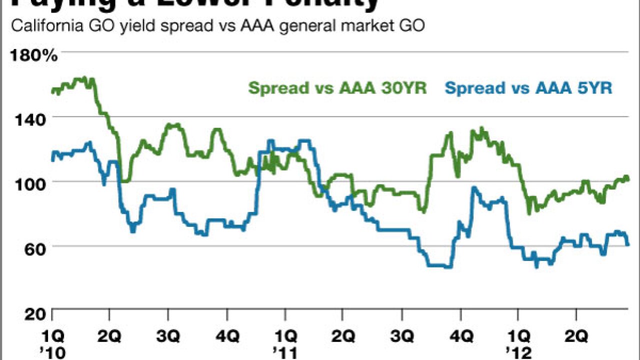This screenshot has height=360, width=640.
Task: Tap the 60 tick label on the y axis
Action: tap(41, 247)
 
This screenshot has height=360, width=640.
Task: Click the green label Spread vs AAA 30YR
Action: tap(337, 88)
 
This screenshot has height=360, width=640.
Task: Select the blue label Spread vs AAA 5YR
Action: tap(528, 88)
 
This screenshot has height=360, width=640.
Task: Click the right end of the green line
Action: tap(628, 179)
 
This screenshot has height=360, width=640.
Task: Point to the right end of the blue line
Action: tap(628, 244)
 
